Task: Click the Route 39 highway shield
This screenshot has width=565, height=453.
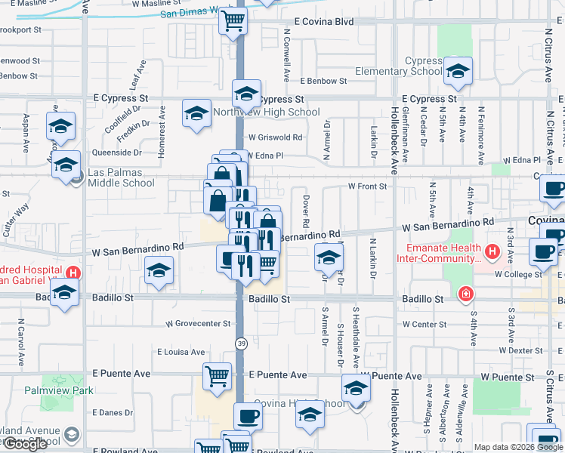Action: point(240,343)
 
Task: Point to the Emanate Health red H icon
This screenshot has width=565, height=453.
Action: point(492,251)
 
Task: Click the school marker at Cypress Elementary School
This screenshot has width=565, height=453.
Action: point(457,71)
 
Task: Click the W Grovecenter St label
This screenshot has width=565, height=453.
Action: point(198,324)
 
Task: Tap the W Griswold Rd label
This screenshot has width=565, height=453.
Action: point(275,137)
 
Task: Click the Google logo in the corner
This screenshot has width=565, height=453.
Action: point(26,444)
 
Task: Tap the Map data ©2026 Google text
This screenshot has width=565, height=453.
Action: point(518,447)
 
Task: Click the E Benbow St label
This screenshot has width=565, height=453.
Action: point(323,81)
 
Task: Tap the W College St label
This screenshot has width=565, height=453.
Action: point(519,275)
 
